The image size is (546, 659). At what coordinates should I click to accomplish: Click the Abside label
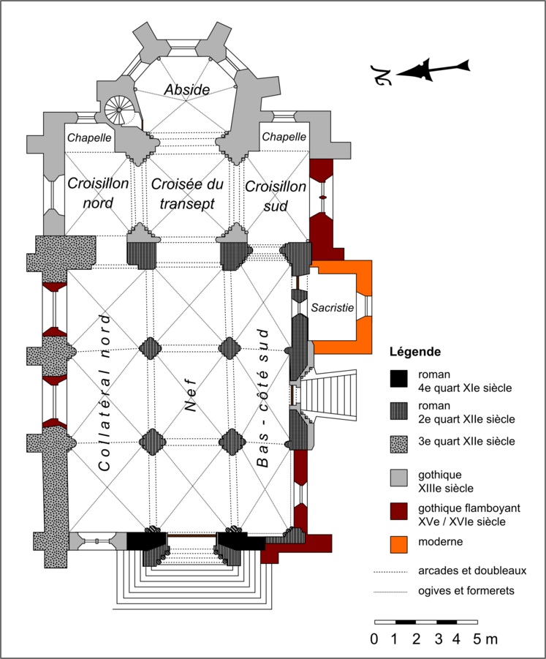click(187, 89)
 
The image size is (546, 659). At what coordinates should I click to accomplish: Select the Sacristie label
click(333, 309)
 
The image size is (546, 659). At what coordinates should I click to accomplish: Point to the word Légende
click(415, 351)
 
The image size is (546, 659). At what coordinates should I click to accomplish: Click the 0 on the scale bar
click(374, 639)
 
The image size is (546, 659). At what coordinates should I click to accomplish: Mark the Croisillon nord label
click(99, 192)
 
